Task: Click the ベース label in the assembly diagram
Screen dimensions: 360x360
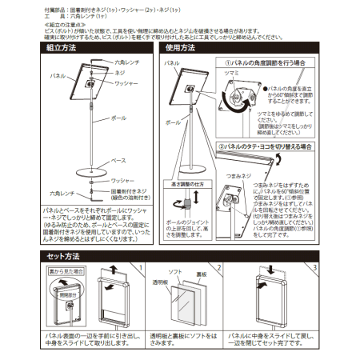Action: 117,160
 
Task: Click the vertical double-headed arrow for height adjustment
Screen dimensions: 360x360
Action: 186,201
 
